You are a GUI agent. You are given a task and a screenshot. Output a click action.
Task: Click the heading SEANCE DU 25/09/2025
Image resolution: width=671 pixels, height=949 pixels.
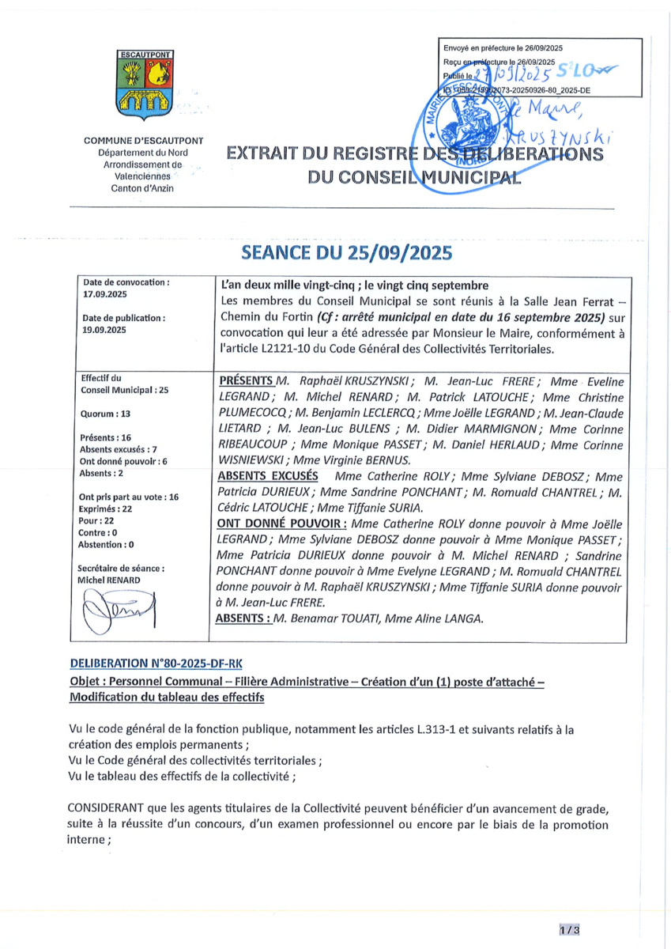pos(346,253)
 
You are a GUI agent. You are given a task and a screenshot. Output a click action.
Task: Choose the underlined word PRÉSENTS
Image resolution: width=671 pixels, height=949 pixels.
pos(247,380)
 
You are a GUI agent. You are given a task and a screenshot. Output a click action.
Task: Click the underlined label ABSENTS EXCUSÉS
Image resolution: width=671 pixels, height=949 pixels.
pos(267,476)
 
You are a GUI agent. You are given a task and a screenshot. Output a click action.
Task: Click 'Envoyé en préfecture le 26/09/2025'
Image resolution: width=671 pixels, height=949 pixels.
pos(503,49)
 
